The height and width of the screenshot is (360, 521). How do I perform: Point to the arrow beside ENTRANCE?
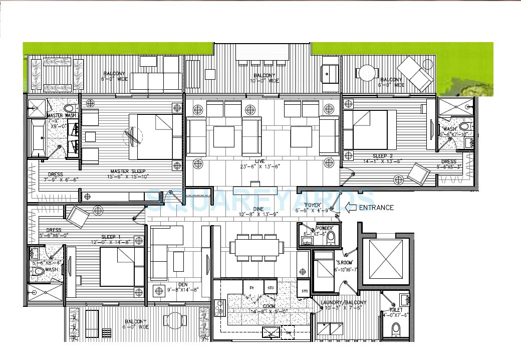[x=351, y=207]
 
